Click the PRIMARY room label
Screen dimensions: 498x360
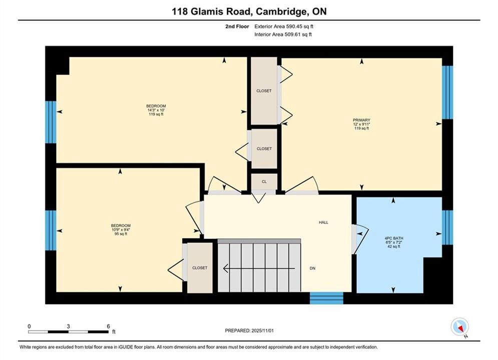coord(361,120)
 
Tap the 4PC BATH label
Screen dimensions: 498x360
coord(394,238)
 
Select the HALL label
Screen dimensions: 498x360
coord(324,222)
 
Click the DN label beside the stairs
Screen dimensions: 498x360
coord(312,268)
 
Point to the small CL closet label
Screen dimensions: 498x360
coord(264,181)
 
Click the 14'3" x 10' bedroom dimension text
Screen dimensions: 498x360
coord(156,110)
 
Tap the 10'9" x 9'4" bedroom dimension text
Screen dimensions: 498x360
coord(121,229)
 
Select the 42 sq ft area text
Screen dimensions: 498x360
coord(394,246)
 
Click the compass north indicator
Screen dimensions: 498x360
coord(459,326)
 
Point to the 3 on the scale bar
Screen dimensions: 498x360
coord(68,326)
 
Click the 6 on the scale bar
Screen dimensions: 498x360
coord(108,326)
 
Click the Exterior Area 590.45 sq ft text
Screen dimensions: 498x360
coord(284,26)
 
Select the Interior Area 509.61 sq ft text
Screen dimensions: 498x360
coord(283,34)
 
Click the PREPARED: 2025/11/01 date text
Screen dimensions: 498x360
coord(249,330)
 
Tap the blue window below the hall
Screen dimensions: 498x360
coord(326,298)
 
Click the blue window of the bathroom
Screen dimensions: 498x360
coord(447,227)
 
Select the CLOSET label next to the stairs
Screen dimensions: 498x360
coord(200,268)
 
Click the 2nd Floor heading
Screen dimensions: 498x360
coord(237,26)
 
